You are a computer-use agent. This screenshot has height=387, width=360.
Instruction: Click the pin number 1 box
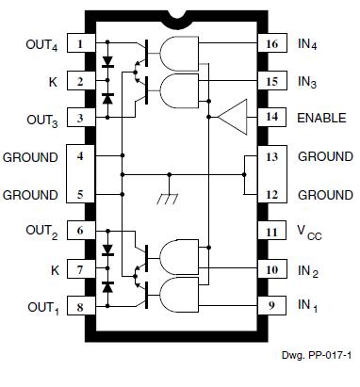[82, 43]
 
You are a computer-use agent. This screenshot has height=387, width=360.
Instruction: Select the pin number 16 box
[270, 43]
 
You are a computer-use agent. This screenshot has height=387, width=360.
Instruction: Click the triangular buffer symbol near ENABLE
[231, 118]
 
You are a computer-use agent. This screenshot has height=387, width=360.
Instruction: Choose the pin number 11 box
[270, 231]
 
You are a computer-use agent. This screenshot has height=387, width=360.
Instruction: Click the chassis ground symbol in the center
[170, 200]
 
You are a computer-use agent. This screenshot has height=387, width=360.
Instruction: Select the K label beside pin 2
[53, 81]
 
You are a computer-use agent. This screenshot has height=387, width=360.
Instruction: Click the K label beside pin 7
[53, 269]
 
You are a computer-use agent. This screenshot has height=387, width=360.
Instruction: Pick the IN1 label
[308, 307]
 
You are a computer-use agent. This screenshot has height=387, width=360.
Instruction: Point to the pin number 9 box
[270, 306]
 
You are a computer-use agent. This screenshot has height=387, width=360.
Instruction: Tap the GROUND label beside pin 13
[325, 156]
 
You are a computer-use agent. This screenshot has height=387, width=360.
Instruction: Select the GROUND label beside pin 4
[31, 156]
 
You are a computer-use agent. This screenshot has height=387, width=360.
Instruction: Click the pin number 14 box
[270, 119]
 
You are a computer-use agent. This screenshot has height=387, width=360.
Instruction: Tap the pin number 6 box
[82, 231]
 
